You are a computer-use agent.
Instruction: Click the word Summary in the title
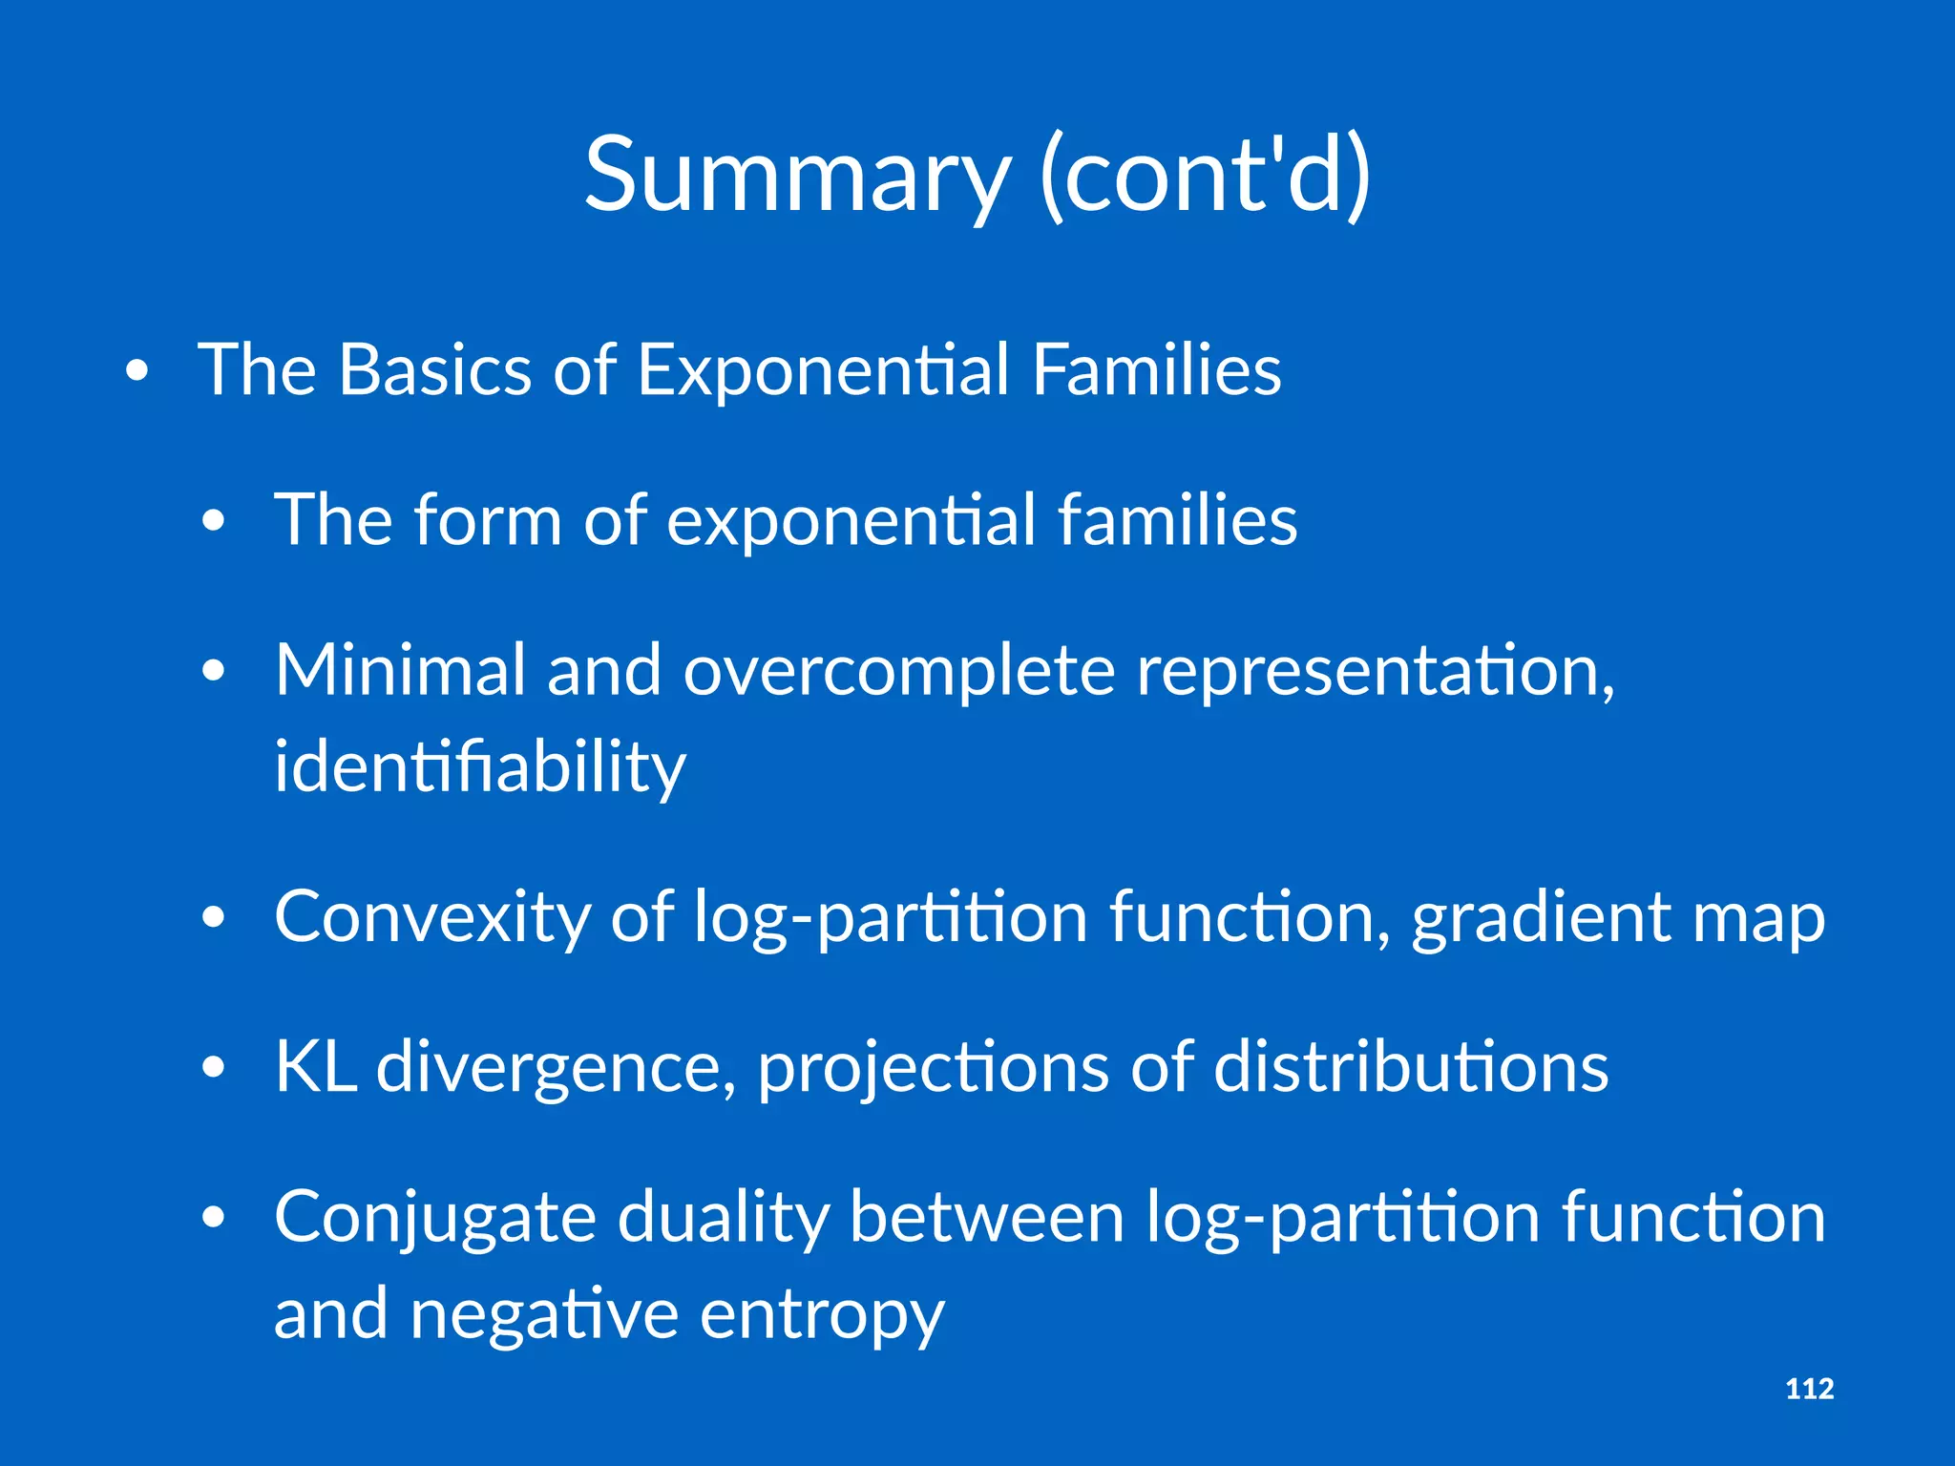[x=796, y=176]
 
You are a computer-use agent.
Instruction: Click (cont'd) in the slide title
[x=1205, y=176]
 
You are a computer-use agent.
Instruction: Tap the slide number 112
[x=1809, y=1389]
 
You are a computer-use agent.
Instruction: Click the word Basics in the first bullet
[x=434, y=369]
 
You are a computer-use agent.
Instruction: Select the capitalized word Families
[x=1156, y=369]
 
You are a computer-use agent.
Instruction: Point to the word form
[x=487, y=520]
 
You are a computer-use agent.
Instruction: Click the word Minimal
[x=400, y=670]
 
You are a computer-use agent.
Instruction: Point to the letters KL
[x=315, y=1066]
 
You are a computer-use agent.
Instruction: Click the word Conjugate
[x=434, y=1219]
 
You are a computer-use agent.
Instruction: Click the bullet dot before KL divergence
[x=214, y=1067]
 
